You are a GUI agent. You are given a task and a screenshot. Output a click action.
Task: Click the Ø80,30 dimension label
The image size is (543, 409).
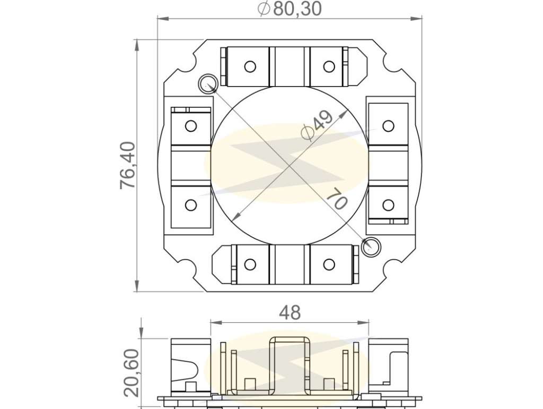click(x=290, y=9)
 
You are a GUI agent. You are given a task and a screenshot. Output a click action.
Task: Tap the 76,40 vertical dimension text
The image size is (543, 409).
click(x=128, y=166)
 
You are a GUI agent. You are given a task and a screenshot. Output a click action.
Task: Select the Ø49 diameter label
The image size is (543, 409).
click(x=317, y=126)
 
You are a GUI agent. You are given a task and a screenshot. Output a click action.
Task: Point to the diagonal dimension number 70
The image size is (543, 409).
click(x=337, y=198)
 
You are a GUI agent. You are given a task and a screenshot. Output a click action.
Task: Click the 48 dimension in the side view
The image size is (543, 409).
click(x=290, y=312)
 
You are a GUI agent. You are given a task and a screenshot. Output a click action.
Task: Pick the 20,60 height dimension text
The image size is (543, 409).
click(x=132, y=372)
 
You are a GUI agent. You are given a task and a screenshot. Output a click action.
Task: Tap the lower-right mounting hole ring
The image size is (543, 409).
click(x=371, y=247)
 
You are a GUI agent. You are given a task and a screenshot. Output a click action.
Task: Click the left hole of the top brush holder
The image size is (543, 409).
click(x=250, y=66)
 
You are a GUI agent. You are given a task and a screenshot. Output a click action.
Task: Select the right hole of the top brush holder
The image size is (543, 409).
click(x=329, y=66)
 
